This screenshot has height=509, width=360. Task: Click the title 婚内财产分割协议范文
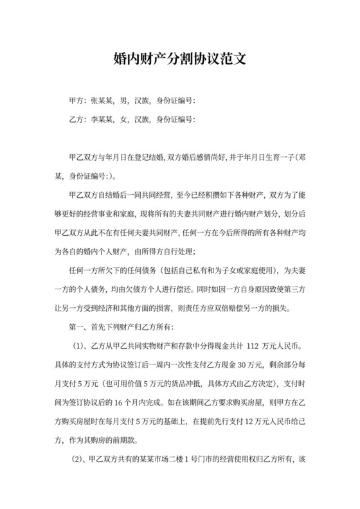pos(179,59)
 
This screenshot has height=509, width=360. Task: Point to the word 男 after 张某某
pos(123,101)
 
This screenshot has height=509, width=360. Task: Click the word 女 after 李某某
pos(123,119)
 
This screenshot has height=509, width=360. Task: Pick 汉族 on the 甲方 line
pos(142,101)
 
